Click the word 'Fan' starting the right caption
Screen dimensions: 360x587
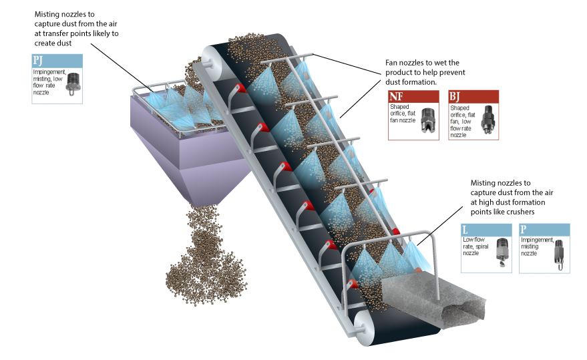point(395,62)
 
